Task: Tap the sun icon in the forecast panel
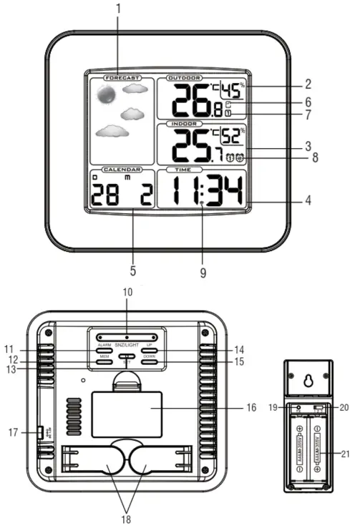[x=106, y=93]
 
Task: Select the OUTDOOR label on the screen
[x=184, y=77]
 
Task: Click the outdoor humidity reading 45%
[x=231, y=89]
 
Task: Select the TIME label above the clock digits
[x=179, y=170]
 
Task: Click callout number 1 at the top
[x=119, y=9]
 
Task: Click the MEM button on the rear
[x=104, y=363]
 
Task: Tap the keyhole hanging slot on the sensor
[x=308, y=382]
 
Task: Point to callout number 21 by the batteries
[x=346, y=454]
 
